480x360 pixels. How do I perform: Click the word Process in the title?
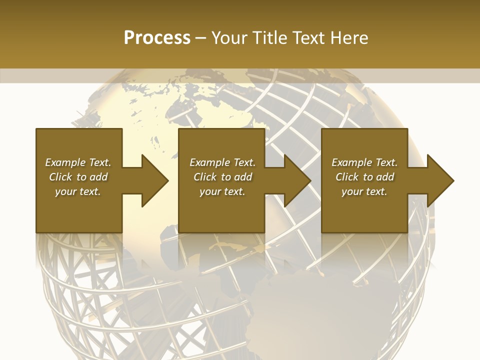point(157,38)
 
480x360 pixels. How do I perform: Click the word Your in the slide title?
point(229,38)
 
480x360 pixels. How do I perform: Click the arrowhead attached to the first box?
point(152,180)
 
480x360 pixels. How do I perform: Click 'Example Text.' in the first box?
point(78,162)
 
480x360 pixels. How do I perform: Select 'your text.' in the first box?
point(78,191)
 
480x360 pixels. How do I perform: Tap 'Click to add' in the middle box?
point(222,177)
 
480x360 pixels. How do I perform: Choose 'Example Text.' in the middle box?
point(222,162)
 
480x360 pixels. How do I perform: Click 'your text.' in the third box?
point(364,191)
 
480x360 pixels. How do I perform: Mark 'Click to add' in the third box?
point(364,177)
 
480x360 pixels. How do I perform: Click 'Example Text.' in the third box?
point(364,162)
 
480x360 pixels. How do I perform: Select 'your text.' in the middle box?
point(222,191)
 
